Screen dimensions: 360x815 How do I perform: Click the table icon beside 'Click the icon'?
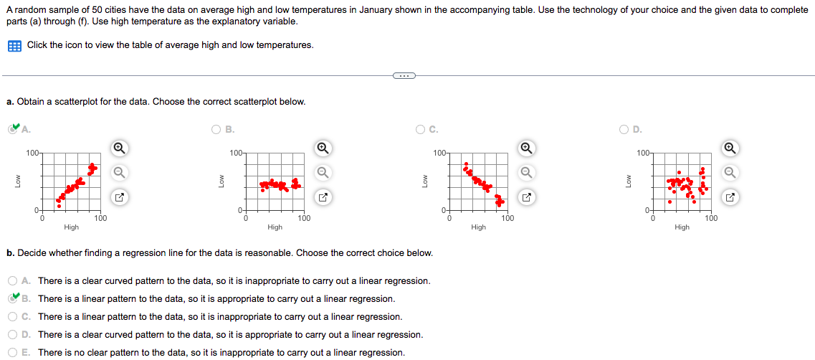14,45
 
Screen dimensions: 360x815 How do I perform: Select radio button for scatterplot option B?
216,130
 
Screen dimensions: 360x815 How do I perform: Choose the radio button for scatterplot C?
420,130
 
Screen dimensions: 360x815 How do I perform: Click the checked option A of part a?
14,130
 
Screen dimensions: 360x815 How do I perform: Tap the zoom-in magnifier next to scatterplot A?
120,148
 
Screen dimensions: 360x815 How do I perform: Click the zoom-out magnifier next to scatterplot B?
323,172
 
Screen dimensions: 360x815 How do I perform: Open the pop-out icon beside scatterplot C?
526,196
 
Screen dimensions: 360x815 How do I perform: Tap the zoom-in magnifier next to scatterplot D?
730,148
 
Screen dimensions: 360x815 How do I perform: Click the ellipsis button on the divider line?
404,75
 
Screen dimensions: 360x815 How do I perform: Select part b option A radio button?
14,281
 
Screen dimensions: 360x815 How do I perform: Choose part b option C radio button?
14,317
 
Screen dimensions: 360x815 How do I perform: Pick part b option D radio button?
14,335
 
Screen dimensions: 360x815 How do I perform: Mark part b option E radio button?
14,353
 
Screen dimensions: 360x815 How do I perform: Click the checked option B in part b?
14,299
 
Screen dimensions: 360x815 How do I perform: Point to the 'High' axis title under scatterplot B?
275,227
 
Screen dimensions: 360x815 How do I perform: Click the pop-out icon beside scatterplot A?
120,196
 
